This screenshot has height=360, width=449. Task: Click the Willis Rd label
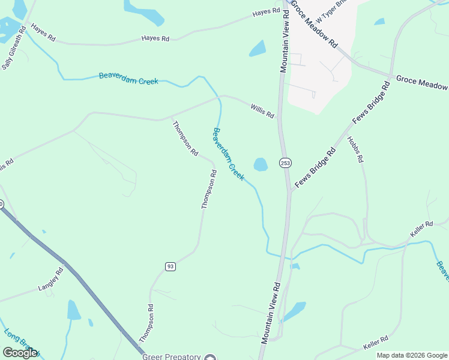[x=262, y=110]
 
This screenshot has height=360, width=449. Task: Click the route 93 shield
[x=170, y=266]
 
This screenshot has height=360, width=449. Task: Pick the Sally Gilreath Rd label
[x=13, y=52]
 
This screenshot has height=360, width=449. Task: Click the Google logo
[x=20, y=353]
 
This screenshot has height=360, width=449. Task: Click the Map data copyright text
[x=412, y=355]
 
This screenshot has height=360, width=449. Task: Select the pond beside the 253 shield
[x=261, y=164]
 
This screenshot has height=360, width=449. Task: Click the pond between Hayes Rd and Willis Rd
[x=258, y=48]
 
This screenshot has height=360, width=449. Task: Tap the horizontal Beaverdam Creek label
[x=128, y=77]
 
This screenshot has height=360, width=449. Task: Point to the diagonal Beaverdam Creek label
[x=229, y=154]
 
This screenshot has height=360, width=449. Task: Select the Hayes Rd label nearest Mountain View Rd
[x=267, y=12]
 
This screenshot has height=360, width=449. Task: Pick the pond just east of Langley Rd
[x=73, y=310]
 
